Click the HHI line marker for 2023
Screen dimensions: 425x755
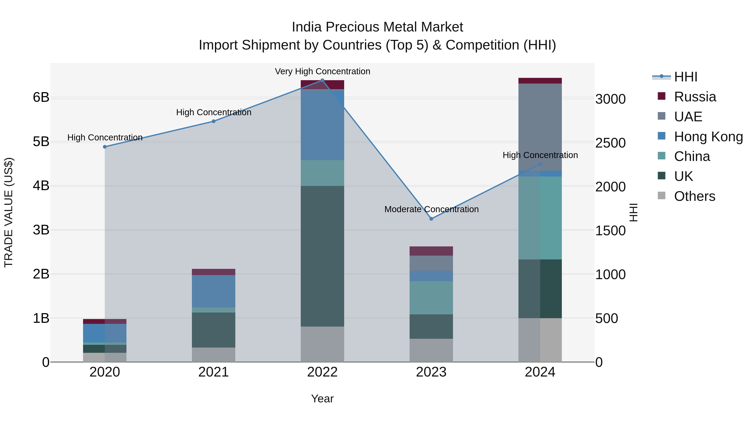(431, 219)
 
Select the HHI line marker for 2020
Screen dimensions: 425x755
(105, 147)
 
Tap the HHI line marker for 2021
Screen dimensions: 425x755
(214, 121)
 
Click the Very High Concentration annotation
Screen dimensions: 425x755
(322, 72)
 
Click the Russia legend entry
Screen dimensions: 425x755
(695, 97)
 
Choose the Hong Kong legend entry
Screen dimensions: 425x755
(708, 137)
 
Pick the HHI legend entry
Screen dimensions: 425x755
(685, 77)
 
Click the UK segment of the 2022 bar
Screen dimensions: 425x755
(322, 256)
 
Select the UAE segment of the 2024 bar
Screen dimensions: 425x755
(540, 127)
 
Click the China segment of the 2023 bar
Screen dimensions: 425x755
(431, 297)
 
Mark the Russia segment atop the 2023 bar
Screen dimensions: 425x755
(431, 251)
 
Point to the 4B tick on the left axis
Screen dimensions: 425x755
(41, 186)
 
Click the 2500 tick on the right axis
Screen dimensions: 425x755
(610, 143)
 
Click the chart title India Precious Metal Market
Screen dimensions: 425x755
(377, 27)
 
